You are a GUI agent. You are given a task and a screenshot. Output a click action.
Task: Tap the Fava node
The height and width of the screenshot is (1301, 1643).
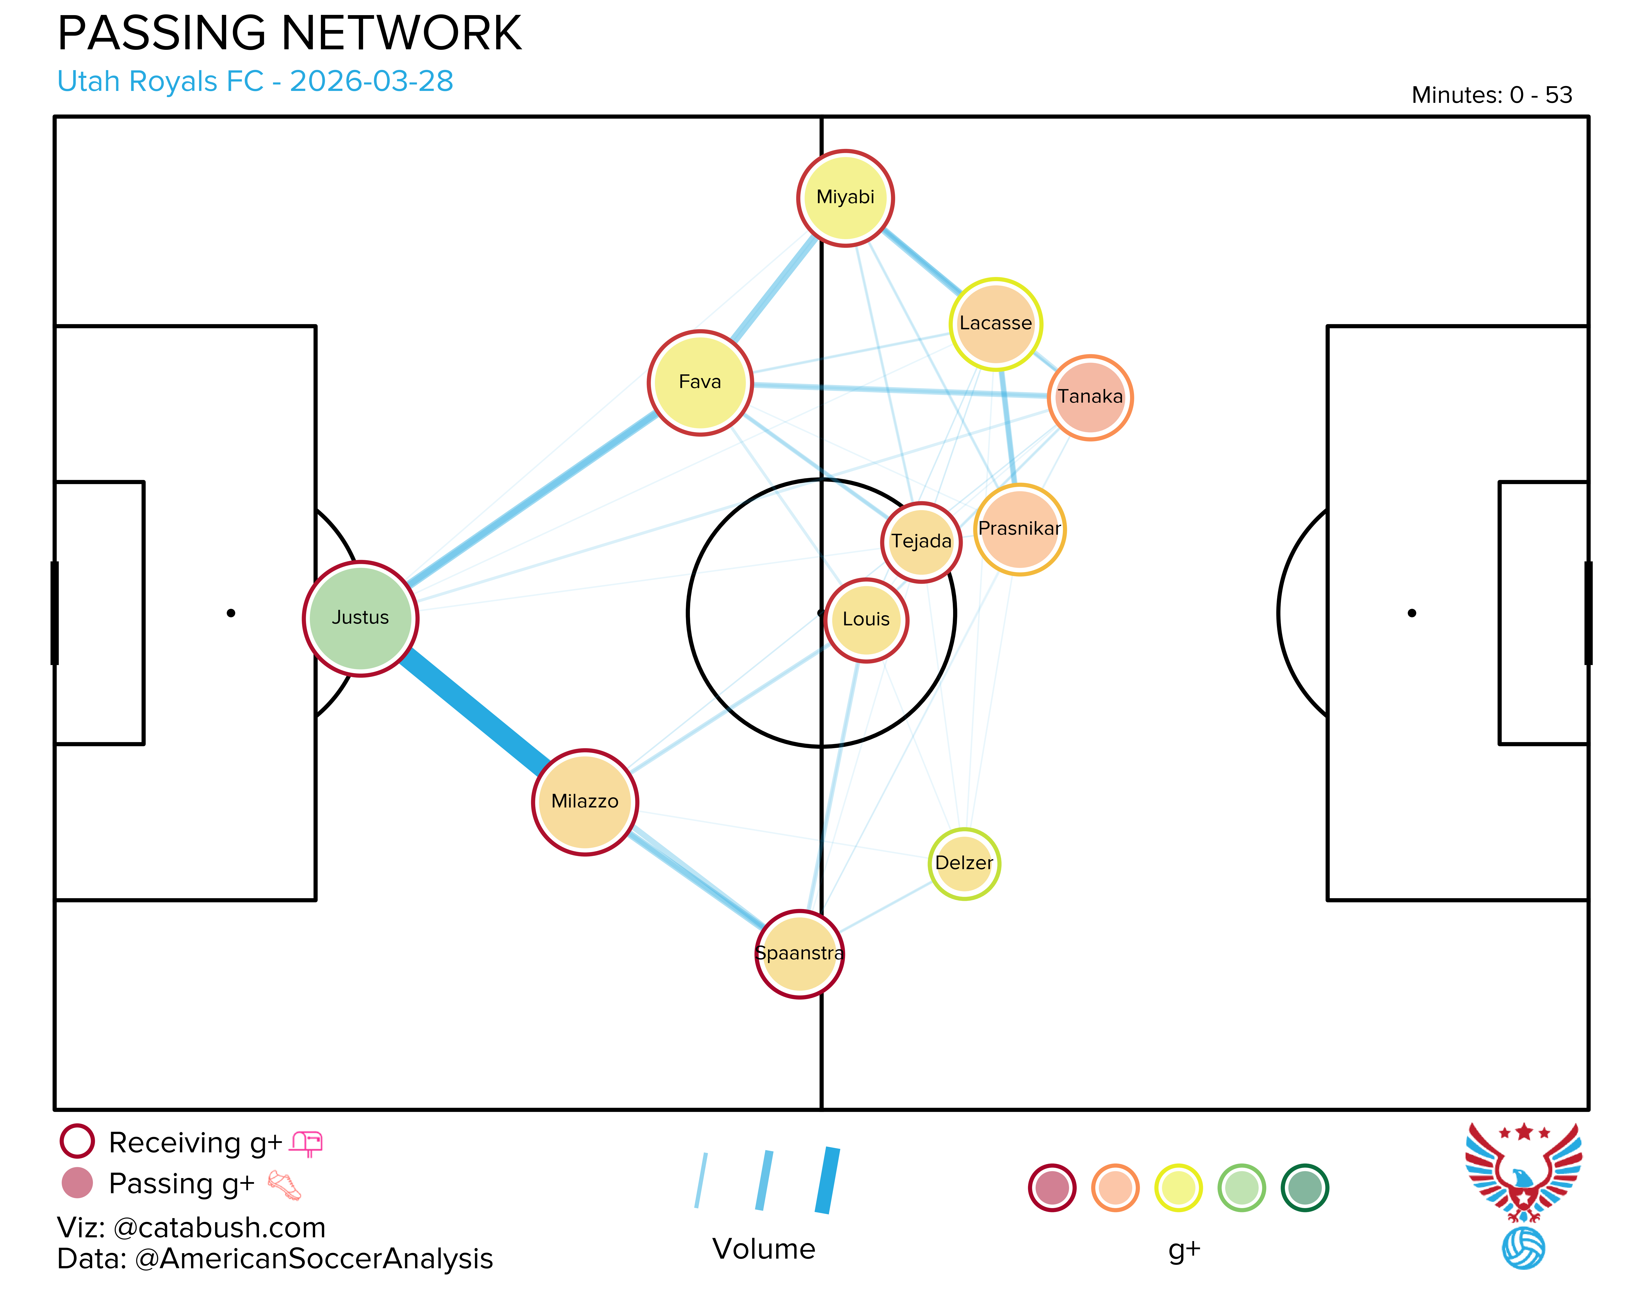700,382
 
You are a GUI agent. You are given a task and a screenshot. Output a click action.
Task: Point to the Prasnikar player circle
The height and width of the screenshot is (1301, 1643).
1020,529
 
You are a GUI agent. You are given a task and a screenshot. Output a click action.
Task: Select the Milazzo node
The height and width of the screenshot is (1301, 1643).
585,802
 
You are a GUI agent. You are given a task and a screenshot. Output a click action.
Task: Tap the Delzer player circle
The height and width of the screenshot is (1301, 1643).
964,864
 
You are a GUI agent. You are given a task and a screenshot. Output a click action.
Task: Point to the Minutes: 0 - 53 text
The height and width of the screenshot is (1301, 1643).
1491,95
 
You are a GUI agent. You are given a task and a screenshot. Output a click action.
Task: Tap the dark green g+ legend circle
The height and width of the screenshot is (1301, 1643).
1305,1188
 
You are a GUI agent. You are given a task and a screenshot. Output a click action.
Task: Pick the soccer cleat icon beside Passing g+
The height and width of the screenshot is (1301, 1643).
284,1185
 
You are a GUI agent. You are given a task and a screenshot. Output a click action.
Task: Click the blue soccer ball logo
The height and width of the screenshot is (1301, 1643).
1523,1248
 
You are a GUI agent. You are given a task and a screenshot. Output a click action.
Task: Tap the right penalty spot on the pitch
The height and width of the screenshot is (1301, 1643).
1412,613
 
